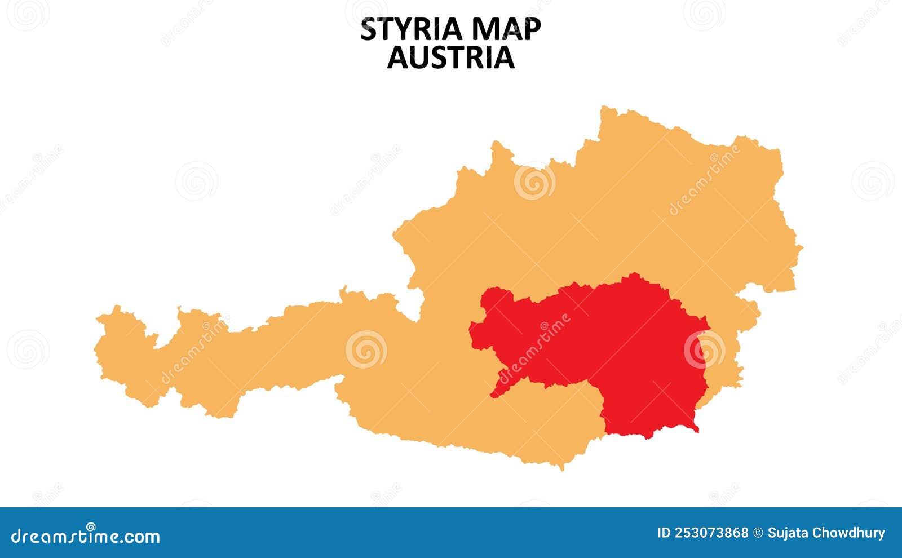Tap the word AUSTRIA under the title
[450, 57]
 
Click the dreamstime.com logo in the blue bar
[86, 535]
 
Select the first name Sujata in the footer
[788, 533]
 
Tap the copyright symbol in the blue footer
[758, 533]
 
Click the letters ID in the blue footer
[664, 533]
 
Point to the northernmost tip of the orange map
[605, 107]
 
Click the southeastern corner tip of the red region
[697, 431]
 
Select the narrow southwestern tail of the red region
[494, 395]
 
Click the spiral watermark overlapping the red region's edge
[704, 349]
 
